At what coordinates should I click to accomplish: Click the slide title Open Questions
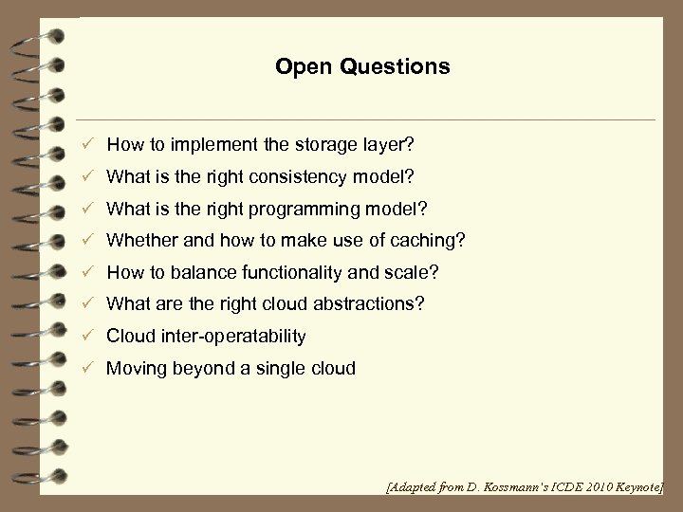tap(362, 67)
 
